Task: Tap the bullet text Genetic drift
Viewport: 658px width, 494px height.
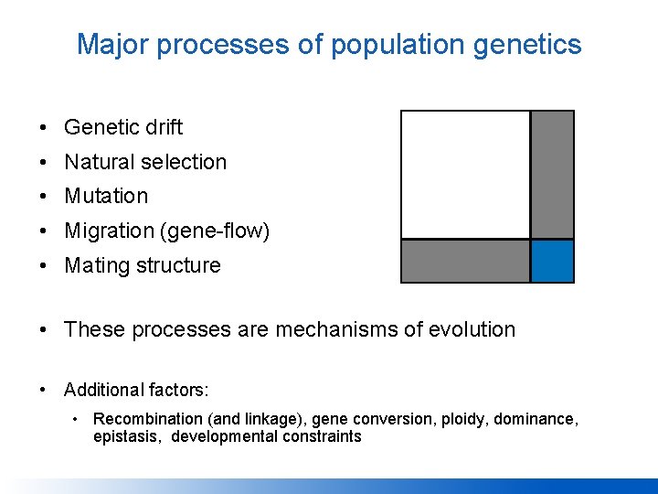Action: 123,127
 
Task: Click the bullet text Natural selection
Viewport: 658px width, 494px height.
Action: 145,162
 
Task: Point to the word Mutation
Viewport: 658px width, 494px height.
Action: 106,196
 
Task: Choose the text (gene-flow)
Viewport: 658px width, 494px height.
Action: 215,231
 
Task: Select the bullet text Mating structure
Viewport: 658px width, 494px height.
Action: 143,265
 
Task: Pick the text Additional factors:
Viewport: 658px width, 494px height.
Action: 136,391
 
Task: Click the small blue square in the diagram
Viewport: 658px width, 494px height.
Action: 552,262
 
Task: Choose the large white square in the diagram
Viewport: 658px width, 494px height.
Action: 465,175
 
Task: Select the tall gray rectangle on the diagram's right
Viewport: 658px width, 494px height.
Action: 552,175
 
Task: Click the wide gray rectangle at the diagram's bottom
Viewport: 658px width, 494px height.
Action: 465,262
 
